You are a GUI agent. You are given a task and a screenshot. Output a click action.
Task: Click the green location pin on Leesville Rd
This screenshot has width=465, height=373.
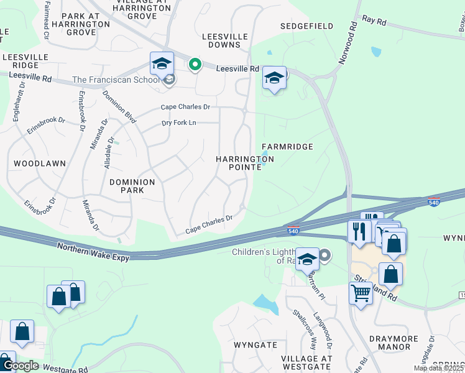tap(195, 65)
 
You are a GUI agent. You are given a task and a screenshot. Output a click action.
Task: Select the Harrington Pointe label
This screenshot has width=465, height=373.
tap(245, 164)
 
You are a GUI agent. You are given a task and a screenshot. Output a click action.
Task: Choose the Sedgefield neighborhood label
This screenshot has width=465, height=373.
tap(306, 26)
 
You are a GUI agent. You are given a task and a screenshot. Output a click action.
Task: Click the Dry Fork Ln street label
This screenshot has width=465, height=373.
tap(178, 123)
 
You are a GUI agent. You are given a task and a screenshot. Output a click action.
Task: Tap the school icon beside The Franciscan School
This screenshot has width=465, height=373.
tap(161, 63)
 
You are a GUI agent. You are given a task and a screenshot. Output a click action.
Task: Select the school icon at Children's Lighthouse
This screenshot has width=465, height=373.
tap(307, 259)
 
